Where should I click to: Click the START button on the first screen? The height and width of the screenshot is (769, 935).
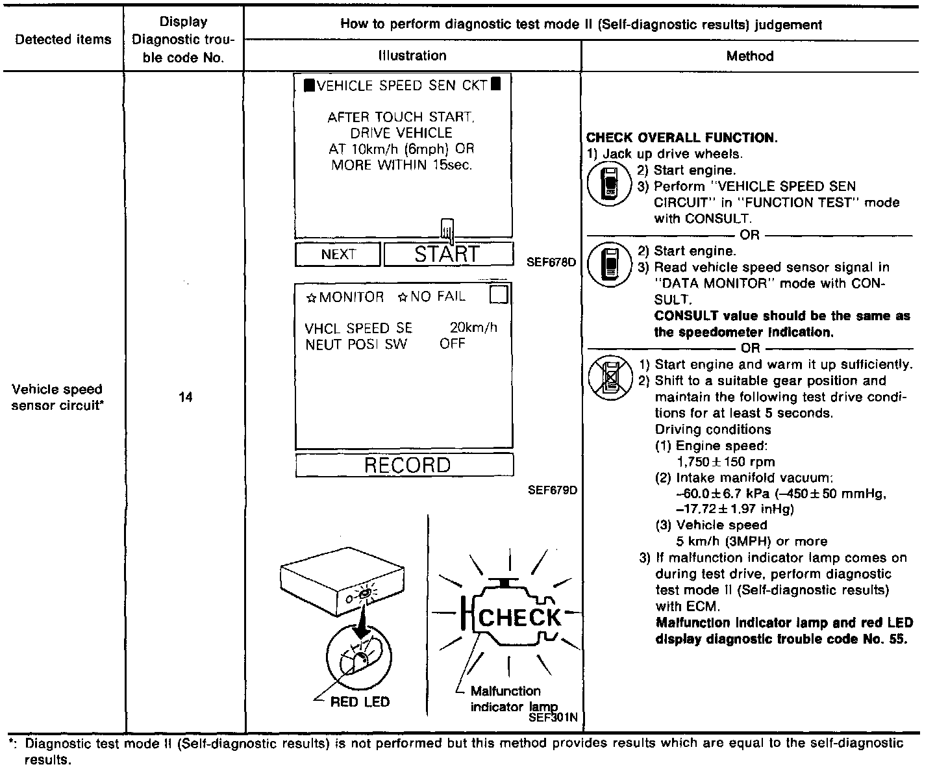pyautogui.click(x=447, y=254)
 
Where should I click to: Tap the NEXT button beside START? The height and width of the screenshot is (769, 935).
pyautogui.click(x=338, y=255)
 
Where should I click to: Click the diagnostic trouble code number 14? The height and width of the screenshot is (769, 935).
pyautogui.click(x=186, y=397)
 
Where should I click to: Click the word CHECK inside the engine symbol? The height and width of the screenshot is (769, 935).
pyautogui.click(x=519, y=618)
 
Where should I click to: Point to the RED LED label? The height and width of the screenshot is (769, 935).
pyautogui.click(x=360, y=701)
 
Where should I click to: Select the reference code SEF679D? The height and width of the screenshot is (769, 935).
pyautogui.click(x=553, y=490)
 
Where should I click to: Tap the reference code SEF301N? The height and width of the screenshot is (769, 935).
pyautogui.click(x=553, y=718)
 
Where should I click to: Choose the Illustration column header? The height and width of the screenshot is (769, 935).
pyautogui.click(x=412, y=56)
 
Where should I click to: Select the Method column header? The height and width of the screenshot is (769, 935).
pyautogui.click(x=750, y=56)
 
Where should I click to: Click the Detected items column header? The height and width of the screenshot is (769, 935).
pyautogui.click(x=63, y=40)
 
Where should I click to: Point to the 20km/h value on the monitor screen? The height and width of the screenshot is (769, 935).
pyautogui.click(x=473, y=328)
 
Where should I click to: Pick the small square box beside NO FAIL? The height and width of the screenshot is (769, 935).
pyautogui.click(x=499, y=296)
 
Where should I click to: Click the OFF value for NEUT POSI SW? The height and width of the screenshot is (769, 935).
pyautogui.click(x=452, y=344)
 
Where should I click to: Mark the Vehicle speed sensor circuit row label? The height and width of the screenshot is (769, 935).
pyautogui.click(x=57, y=397)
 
